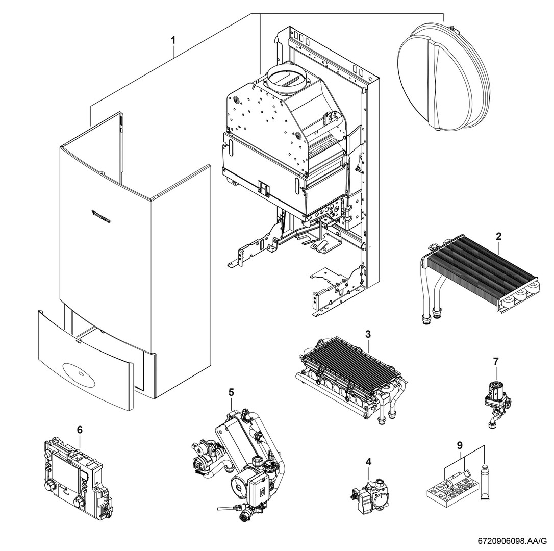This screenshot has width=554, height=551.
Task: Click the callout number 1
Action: pos(173,39)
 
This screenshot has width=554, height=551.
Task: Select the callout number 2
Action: pos(498,236)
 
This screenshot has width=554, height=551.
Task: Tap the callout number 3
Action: pos(367,334)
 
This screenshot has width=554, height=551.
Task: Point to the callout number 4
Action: pos(368,461)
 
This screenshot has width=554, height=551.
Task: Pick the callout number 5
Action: pos(231,392)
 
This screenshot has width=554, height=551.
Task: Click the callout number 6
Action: pos(79,430)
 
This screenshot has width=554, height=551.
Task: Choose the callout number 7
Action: pos(495,361)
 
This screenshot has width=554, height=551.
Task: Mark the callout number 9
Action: pos(460,445)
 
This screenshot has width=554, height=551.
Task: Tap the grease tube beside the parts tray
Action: pos(485,482)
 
